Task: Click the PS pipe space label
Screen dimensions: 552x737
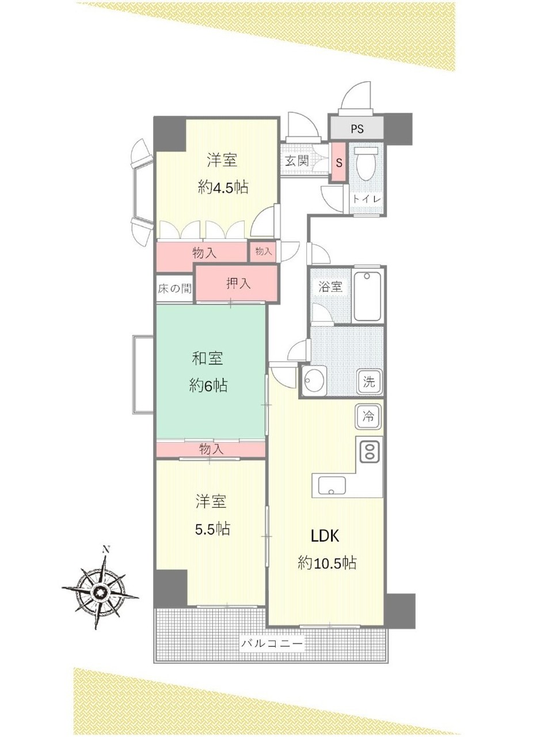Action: pyautogui.click(x=357, y=129)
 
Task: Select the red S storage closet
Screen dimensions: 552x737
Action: pyautogui.click(x=338, y=163)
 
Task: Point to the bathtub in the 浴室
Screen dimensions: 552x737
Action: pyautogui.click(x=367, y=297)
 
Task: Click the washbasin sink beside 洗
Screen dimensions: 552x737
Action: pyautogui.click(x=314, y=381)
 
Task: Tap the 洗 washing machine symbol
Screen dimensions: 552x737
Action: pyautogui.click(x=369, y=382)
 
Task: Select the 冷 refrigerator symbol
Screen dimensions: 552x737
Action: pyautogui.click(x=368, y=417)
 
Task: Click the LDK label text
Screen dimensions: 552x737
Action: pyautogui.click(x=325, y=536)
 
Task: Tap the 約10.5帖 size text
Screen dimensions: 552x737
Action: pyautogui.click(x=327, y=563)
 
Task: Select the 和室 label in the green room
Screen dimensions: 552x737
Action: pyautogui.click(x=207, y=358)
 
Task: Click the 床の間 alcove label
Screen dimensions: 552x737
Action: pyautogui.click(x=175, y=288)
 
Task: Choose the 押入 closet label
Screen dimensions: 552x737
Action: pyautogui.click(x=238, y=284)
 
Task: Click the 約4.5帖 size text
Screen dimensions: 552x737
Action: pyautogui.click(x=223, y=187)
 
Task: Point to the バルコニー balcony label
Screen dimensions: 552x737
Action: pyautogui.click(x=272, y=644)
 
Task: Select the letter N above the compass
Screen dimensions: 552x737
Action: pyautogui.click(x=106, y=550)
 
